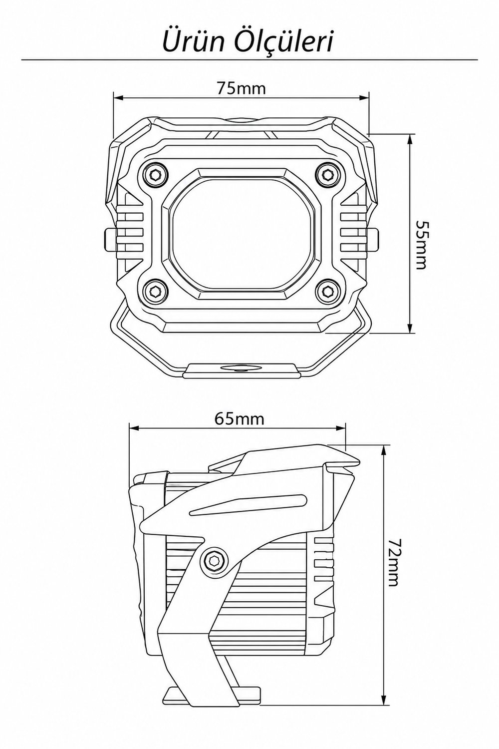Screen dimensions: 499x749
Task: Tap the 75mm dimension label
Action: [x=242, y=88]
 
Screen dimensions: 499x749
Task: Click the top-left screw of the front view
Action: [x=155, y=174]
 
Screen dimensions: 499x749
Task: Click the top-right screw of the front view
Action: [x=328, y=174]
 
